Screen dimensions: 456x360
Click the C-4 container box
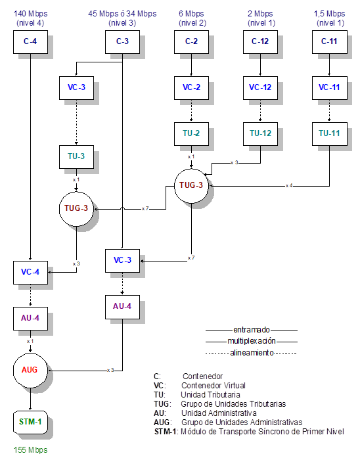pyautogui.click(x=30, y=43)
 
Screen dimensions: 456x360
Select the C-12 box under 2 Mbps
pyautogui.click(x=261, y=43)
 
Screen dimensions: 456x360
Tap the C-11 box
pyautogui.click(x=328, y=43)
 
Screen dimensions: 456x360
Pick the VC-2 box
pyautogui.click(x=191, y=87)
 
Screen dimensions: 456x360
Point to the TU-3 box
pyautogui.click(x=77, y=157)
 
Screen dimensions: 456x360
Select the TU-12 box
pyautogui.click(x=261, y=133)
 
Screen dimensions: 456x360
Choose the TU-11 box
pyautogui.click(x=328, y=133)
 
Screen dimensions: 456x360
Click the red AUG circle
pyautogui.click(x=30, y=370)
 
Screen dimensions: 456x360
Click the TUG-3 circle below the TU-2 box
pyautogui.click(x=191, y=186)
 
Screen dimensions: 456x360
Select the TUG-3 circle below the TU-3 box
pyautogui.click(x=77, y=210)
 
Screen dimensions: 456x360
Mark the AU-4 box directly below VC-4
pyautogui.click(x=30, y=318)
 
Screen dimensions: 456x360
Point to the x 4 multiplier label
pyautogui.click(x=289, y=186)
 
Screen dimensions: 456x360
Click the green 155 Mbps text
pyautogui.click(x=30, y=450)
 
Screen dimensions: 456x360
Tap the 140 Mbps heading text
pyautogui.click(x=30, y=13)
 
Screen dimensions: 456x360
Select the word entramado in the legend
pyautogui.click(x=252, y=330)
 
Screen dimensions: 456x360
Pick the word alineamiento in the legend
pyautogui.click(x=252, y=353)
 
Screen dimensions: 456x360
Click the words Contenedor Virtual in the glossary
pyautogui.click(x=214, y=385)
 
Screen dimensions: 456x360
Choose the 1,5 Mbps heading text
pyautogui.click(x=329, y=13)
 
